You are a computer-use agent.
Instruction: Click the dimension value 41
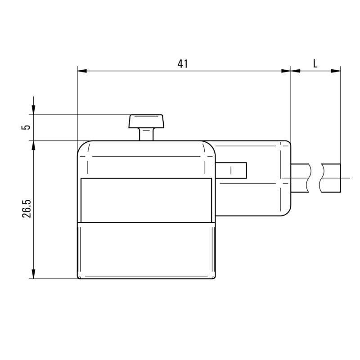pyautogui.click(x=182, y=63)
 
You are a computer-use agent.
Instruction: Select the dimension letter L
pyautogui.click(x=315, y=63)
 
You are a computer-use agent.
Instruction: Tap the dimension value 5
pyautogui.click(x=27, y=127)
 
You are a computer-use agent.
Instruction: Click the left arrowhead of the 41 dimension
pyautogui.click(x=81, y=71)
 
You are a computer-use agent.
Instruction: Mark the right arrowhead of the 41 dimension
pyautogui.click(x=287, y=71)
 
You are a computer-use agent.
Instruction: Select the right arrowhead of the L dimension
pyautogui.click(x=336, y=71)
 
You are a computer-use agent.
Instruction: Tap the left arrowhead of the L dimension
pyautogui.click(x=295, y=71)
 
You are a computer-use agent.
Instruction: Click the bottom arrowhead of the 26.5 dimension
pyautogui.click(x=34, y=274)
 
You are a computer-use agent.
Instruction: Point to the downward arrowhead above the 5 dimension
pyautogui.click(x=34, y=110)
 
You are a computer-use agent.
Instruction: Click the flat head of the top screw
pyautogui.click(x=147, y=121)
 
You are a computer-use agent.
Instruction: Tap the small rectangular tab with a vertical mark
pyautogui.click(x=231, y=170)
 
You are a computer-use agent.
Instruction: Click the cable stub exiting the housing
pyautogui.click(x=301, y=177)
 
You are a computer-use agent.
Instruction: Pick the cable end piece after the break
pyautogui.click(x=332, y=177)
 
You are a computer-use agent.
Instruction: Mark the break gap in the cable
pyautogui.click(x=316, y=177)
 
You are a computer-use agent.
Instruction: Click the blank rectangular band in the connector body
pyautogui.click(x=145, y=200)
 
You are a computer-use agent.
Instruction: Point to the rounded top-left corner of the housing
pyautogui.click(x=82, y=146)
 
